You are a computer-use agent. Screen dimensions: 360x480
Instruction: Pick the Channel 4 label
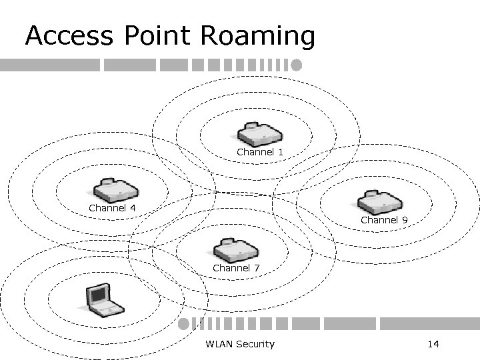point(113,207)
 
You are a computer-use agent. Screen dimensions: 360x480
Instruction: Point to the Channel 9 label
point(384,219)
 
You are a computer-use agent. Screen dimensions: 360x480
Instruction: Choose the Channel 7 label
point(236,268)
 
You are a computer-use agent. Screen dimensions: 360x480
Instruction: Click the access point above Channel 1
point(261,134)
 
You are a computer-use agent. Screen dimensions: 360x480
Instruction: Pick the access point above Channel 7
point(235,250)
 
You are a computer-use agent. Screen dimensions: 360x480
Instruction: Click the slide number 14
point(433,344)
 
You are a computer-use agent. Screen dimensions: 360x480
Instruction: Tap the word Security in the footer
point(255,344)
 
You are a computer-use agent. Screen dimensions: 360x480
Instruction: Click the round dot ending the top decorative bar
point(297,65)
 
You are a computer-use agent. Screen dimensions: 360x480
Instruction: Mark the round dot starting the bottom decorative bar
point(183,324)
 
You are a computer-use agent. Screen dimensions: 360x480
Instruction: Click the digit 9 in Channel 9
point(405,219)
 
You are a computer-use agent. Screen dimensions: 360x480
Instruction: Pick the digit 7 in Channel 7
point(257,268)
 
